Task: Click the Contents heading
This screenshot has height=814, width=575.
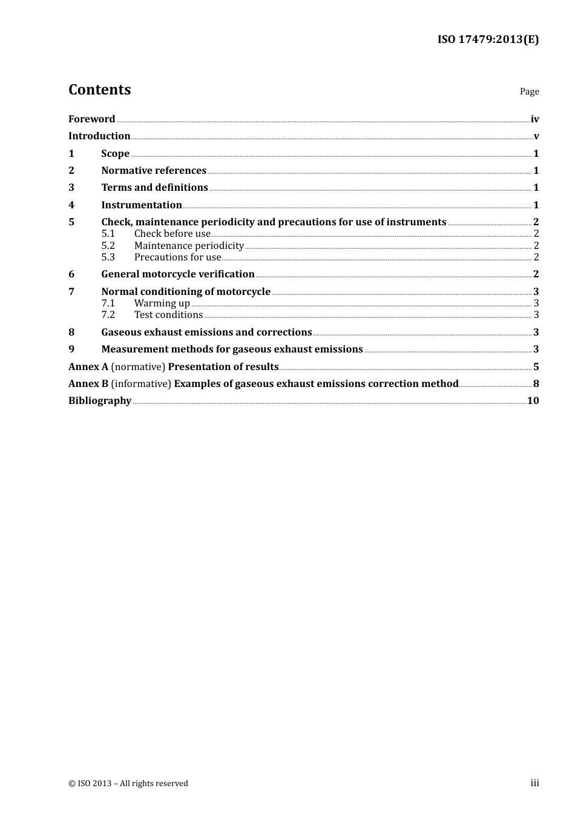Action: click(x=99, y=90)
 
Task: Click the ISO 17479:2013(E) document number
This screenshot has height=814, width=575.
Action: click(x=488, y=39)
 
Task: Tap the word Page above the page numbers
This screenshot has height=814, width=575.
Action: click(x=529, y=91)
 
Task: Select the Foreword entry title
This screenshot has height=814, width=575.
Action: click(x=91, y=119)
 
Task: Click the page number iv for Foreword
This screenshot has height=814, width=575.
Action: click(x=534, y=119)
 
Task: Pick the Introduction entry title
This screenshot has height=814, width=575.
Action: click(x=99, y=136)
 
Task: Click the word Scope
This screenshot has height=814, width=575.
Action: click(x=115, y=154)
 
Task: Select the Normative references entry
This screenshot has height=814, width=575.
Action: click(x=154, y=171)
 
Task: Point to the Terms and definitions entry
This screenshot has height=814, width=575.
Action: click(x=154, y=188)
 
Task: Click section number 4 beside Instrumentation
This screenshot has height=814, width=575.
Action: click(x=71, y=205)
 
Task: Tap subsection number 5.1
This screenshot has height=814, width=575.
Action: click(x=108, y=234)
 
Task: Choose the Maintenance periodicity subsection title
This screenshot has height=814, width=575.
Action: click(x=189, y=246)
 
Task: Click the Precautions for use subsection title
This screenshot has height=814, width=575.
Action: click(x=177, y=257)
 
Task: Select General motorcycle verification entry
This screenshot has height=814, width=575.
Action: click(x=177, y=274)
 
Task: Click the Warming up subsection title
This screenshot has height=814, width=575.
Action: click(x=162, y=303)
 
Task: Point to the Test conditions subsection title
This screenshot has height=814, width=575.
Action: click(x=168, y=315)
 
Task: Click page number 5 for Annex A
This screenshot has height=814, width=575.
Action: click(x=536, y=367)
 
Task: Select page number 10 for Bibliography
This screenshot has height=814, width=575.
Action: click(x=533, y=401)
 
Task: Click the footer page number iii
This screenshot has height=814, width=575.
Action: click(x=534, y=783)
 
